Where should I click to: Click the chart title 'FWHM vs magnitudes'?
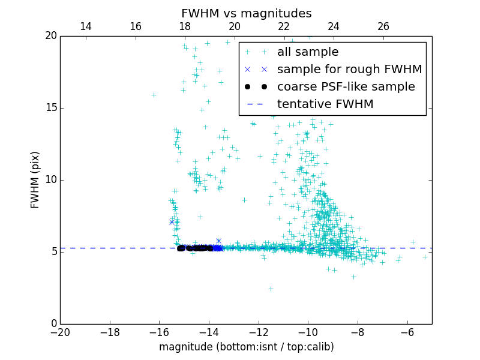[x=246, y=13]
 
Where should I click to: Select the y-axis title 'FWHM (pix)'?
[x=35, y=180]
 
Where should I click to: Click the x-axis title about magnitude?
[x=246, y=347]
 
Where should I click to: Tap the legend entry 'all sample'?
[x=308, y=52]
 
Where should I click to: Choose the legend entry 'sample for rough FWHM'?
[x=349, y=69]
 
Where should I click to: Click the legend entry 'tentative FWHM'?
[x=325, y=104]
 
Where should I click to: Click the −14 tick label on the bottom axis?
[x=209, y=332]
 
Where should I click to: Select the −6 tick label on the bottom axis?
[x=407, y=332]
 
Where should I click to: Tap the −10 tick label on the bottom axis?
[x=308, y=332]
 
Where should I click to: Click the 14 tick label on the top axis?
[x=86, y=26]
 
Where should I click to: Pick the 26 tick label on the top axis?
[x=383, y=26]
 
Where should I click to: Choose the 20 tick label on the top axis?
[x=235, y=26]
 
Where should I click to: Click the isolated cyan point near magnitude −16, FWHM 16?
[x=154, y=95]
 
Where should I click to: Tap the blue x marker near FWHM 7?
[x=172, y=222]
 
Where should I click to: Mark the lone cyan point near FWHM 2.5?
[x=271, y=289]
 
